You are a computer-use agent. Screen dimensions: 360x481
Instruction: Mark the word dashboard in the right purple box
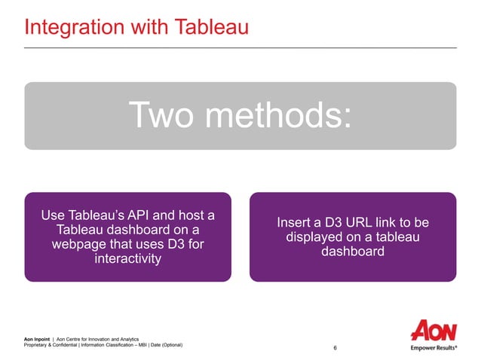click(x=352, y=252)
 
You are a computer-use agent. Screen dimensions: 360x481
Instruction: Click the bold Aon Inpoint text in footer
click(x=38, y=340)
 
